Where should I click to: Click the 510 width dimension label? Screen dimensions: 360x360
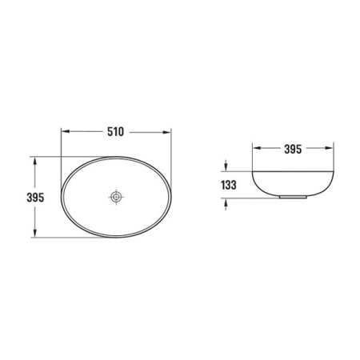coord(115,132)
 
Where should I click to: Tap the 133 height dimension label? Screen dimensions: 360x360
coord(229,185)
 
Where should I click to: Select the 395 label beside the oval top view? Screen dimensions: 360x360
coord(35,198)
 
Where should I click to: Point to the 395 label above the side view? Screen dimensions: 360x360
coord(293,149)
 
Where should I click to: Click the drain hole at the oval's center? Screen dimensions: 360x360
coord(116,197)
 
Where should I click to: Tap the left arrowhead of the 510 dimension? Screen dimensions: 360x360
coord(66,131)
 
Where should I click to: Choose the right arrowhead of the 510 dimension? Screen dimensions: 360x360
coord(166,131)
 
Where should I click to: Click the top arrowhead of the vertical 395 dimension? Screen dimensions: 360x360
coord(34,161)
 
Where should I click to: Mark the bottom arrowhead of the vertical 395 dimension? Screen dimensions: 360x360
coord(34,233)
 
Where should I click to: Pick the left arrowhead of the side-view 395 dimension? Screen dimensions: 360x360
coord(257,148)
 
